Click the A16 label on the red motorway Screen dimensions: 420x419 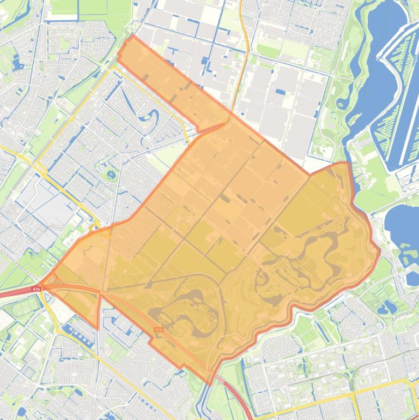coord(36,289)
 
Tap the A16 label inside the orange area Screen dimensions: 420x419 coord(159,329)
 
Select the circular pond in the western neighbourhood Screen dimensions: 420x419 coord(111,175)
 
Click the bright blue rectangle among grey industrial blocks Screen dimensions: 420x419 coord(280,92)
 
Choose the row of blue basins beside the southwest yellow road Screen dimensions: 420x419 coord(79,334)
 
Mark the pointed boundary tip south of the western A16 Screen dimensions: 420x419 coord(98,328)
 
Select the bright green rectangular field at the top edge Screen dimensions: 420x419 coord(93,7)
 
